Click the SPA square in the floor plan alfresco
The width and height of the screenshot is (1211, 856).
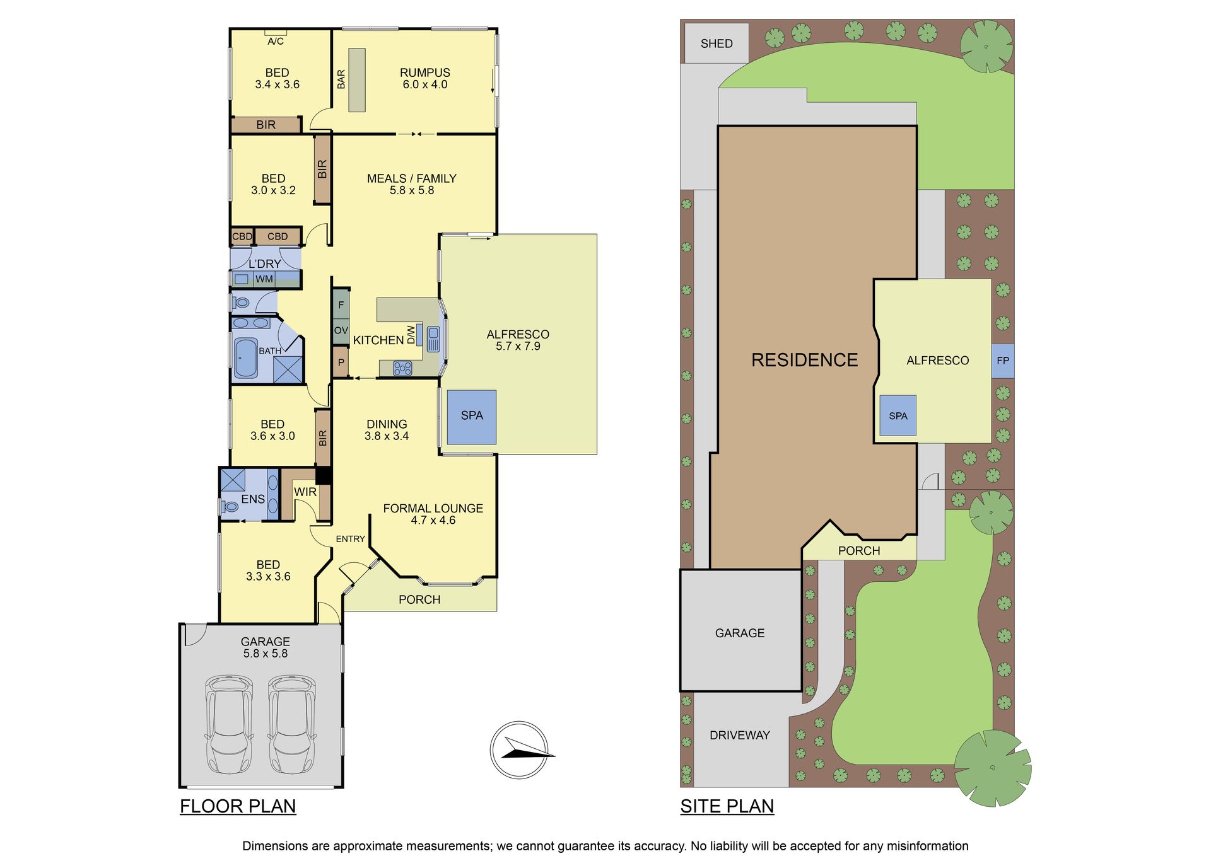coord(472,417)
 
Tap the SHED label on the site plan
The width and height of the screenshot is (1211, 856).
coord(717,43)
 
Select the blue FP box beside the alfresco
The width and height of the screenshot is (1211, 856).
coord(1003,361)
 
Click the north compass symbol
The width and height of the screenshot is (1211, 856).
coord(519,750)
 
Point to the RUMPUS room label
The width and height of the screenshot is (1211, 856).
coord(425,72)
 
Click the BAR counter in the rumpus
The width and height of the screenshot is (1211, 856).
coord(357,80)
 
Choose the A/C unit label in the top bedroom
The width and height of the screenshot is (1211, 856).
coord(276,42)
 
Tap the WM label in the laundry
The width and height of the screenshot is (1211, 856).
coord(264,279)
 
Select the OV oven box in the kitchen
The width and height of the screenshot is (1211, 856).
coord(341,330)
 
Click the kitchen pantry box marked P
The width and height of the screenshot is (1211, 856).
coord(341,362)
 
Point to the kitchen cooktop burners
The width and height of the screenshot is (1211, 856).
coord(402,368)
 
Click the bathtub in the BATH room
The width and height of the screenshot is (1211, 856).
coord(245,359)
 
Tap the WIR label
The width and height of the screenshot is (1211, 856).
coord(305,492)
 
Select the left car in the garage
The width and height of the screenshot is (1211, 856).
coord(229,725)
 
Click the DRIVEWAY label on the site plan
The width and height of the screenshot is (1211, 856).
coord(740,735)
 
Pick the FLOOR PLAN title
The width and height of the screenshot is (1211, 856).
coord(238,806)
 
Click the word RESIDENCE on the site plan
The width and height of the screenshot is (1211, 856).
coord(805,360)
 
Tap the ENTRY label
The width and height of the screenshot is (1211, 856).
coord(350,539)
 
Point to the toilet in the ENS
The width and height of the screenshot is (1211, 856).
coord(230,506)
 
